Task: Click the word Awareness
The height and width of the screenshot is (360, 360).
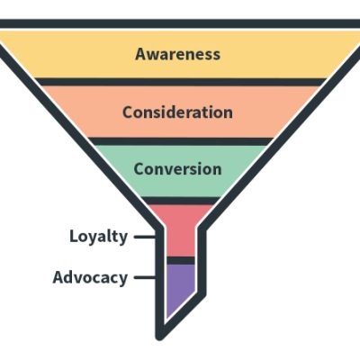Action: [177, 54]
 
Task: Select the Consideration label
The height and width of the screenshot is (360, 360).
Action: [177, 112]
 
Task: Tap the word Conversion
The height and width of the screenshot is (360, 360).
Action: [177, 169]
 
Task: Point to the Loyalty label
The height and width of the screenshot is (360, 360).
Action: [99, 237]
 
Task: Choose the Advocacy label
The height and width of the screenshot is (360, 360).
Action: [90, 277]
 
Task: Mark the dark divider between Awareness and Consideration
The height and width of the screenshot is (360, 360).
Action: [177, 82]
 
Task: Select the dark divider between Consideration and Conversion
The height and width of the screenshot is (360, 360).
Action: [177, 140]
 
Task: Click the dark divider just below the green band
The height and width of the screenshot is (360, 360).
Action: [179, 200]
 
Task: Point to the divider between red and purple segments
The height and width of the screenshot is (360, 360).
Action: [180, 260]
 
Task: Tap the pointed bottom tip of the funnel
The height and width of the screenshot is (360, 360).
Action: [160, 336]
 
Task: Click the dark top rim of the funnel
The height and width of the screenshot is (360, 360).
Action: [180, 23]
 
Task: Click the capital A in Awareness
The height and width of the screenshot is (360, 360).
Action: [141, 54]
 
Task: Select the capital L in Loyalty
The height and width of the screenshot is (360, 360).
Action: [74, 237]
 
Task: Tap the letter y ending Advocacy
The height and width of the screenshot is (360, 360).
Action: [122, 279]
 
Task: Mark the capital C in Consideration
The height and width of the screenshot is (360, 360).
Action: [128, 112]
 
